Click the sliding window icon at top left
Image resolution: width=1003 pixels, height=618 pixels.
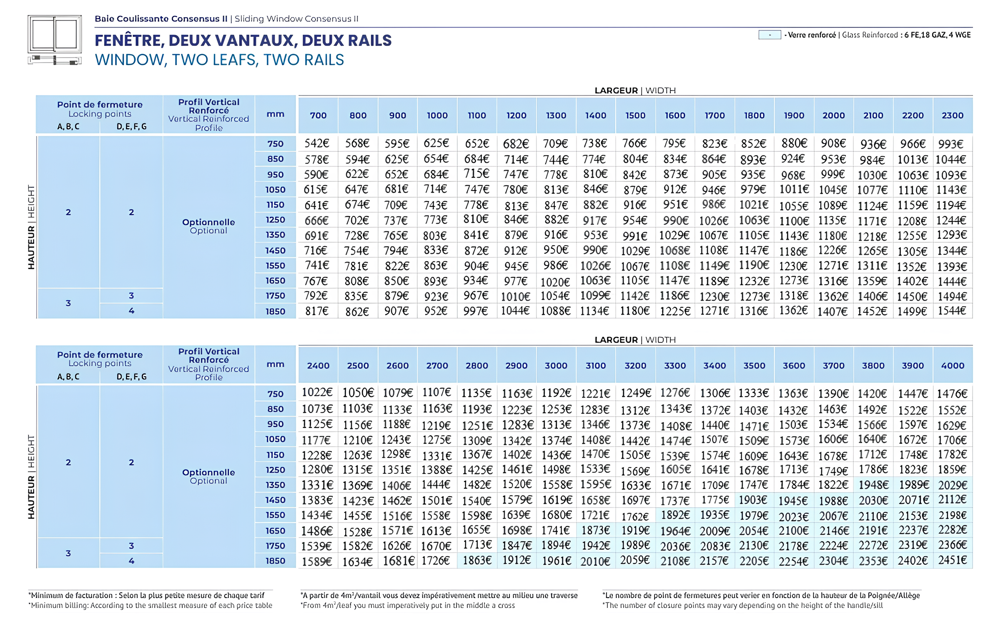(55, 40)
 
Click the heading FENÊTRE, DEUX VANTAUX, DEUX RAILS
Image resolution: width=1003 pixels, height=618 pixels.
(243, 40)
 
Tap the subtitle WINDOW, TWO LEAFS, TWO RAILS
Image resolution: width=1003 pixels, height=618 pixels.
(219, 60)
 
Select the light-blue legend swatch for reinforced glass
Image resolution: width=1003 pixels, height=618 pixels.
(769, 35)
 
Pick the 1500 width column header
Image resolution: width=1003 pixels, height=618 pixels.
(635, 116)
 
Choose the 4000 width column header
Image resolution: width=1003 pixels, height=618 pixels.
(953, 366)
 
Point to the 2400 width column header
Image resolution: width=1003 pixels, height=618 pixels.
(318, 366)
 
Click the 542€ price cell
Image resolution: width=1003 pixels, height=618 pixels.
(317, 143)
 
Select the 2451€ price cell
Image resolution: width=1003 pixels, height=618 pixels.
(953, 560)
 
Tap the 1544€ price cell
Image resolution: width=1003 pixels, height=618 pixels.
(952, 311)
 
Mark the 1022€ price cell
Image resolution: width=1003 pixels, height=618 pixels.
(317, 393)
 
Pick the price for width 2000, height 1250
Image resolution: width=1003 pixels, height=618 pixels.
(833, 220)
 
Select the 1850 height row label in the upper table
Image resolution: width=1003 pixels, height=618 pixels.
(276, 312)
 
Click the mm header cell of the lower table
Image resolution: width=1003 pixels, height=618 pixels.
(276, 364)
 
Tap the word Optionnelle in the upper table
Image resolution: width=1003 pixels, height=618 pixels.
(208, 222)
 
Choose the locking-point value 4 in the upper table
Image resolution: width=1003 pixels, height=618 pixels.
(131, 311)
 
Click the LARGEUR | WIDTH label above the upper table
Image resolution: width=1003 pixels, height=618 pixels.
(635, 90)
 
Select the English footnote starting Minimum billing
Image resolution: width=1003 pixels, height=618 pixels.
(151, 605)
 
